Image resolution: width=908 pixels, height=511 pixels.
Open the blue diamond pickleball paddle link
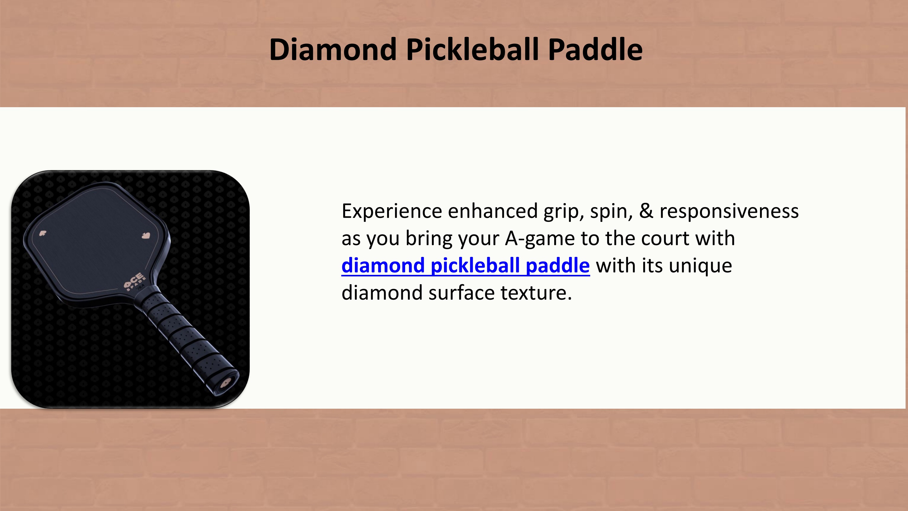(x=465, y=265)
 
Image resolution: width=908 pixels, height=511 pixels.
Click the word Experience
(x=392, y=211)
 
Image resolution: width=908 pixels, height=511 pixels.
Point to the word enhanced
(x=492, y=211)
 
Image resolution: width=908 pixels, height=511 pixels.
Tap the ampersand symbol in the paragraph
(x=646, y=211)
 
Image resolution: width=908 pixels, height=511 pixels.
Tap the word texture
(x=536, y=293)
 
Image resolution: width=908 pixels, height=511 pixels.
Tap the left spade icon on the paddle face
(x=43, y=233)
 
